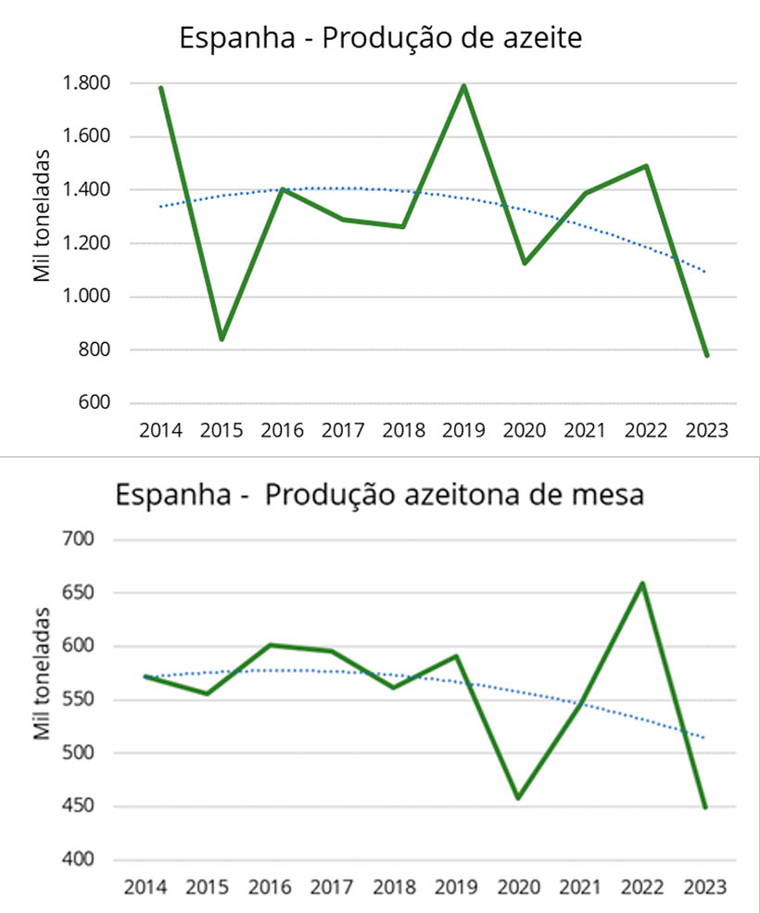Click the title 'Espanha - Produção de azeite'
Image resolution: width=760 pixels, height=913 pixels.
380,39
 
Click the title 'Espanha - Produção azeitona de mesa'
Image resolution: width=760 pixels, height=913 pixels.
379,494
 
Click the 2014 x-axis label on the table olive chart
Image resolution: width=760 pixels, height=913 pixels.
144,887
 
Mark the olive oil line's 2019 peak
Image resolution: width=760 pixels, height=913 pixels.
463,86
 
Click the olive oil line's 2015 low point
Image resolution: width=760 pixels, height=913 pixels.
222,339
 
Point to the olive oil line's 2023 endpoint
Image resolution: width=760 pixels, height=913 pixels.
706,355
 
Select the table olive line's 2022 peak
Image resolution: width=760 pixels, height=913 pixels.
642,583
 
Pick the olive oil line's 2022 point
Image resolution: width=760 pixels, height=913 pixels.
645,166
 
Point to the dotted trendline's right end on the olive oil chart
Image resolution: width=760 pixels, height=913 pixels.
706,272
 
